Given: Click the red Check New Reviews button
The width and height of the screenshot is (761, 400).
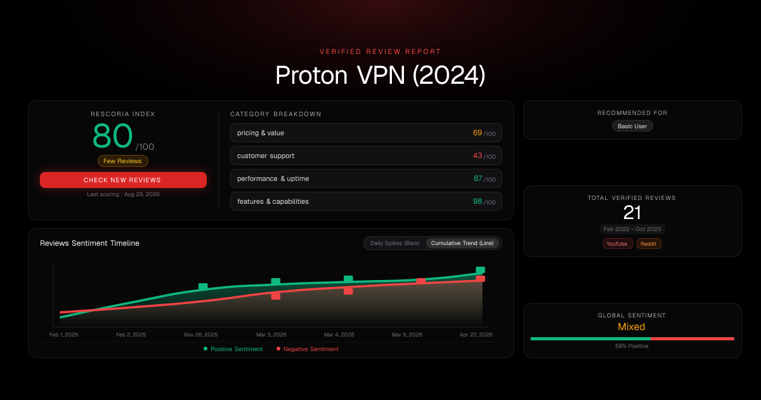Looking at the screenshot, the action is (123, 180).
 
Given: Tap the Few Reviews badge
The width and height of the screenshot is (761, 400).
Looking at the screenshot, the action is (122, 161).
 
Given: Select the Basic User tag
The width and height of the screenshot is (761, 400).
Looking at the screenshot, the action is (632, 126).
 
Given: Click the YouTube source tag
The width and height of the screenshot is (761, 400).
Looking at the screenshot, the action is (617, 244).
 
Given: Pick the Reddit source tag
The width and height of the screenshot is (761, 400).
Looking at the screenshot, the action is (649, 244).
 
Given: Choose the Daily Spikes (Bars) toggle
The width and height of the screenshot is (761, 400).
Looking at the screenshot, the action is (394, 243).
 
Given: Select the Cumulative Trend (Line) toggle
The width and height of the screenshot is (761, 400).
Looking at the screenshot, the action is (462, 243).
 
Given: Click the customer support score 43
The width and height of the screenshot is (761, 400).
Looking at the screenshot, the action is (478, 156).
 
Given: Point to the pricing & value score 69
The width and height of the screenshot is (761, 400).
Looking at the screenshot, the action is (478, 133).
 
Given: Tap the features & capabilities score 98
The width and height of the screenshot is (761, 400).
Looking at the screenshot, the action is (478, 201).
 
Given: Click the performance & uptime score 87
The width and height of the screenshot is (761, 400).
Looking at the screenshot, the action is (478, 178).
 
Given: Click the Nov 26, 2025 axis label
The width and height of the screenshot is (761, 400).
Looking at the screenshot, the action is (201, 335).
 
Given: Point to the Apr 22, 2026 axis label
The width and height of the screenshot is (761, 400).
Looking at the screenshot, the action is (476, 335).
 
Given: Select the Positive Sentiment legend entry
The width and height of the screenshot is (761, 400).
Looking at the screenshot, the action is (233, 349).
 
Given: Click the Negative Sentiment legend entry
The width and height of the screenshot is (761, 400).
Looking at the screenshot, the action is (308, 349).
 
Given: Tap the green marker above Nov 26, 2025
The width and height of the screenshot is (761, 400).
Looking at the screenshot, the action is (203, 287).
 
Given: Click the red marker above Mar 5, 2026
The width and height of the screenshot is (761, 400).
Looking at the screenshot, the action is (421, 281).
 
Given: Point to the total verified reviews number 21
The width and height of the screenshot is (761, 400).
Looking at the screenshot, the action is (632, 213).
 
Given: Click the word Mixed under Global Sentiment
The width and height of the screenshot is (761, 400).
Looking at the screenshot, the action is (631, 326).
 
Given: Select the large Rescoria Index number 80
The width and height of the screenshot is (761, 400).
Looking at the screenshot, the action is (112, 136).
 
